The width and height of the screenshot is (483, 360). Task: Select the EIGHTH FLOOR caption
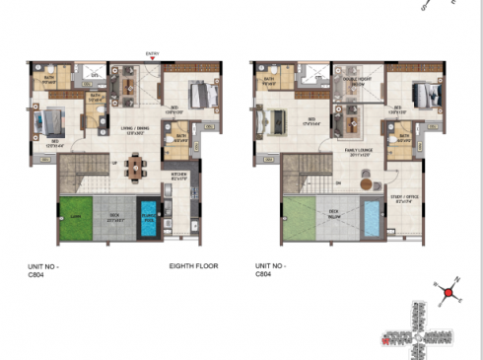coord(193,266)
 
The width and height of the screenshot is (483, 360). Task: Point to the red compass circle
coord(448,292)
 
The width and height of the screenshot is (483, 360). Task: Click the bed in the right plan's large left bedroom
coord(267,121)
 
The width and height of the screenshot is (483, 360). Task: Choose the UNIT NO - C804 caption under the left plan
coord(43,270)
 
